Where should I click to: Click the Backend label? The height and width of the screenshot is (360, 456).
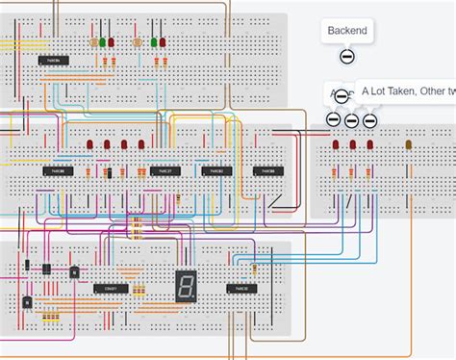click(x=346, y=31)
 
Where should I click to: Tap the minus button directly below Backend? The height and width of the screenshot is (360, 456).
click(x=347, y=57)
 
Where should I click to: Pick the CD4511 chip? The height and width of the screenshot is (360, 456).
click(x=107, y=288)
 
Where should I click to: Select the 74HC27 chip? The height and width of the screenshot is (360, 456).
click(x=162, y=171)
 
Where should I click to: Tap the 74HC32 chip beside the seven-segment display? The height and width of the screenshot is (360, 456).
click(x=239, y=288)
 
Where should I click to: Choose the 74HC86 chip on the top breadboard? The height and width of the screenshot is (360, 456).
click(x=54, y=60)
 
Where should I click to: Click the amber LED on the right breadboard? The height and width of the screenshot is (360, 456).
click(x=409, y=145)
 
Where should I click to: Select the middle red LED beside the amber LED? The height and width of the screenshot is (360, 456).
click(x=353, y=145)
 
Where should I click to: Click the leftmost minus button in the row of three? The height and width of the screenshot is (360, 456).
click(x=333, y=119)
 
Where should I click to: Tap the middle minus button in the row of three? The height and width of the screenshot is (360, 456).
click(x=351, y=120)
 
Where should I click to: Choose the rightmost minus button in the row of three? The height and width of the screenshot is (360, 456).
click(x=369, y=120)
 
